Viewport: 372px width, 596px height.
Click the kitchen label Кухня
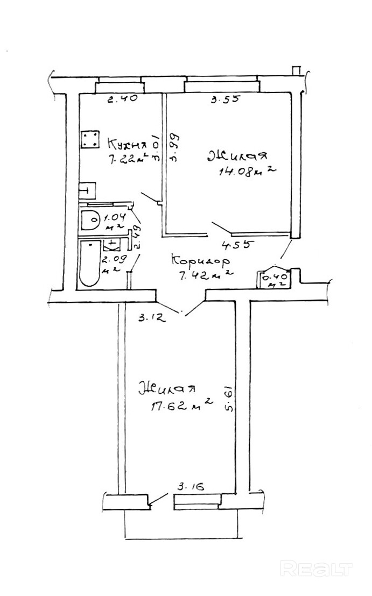click(128, 144)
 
